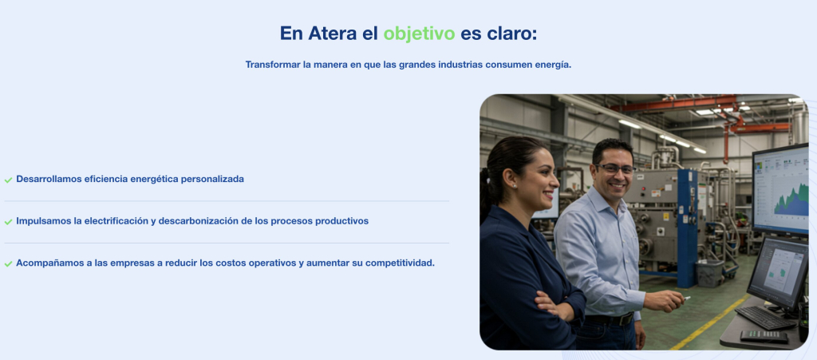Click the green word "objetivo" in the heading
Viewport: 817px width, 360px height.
pyautogui.click(x=419, y=34)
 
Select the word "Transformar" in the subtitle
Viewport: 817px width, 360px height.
pyautogui.click(x=272, y=65)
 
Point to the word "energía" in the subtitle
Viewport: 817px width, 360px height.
pyautogui.click(x=552, y=65)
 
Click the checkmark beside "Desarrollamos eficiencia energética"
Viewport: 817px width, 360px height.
pyautogui.click(x=8, y=180)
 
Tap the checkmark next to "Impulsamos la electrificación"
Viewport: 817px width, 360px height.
pyautogui.click(x=8, y=221)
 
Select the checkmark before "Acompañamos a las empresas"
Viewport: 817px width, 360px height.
pyautogui.click(x=8, y=263)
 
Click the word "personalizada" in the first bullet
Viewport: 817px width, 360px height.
pyautogui.click(x=211, y=179)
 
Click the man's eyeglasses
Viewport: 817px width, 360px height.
pyautogui.click(x=614, y=169)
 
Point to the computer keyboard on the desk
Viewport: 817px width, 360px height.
pyautogui.click(x=764, y=317)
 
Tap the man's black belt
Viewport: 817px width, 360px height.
pyautogui.click(x=610, y=319)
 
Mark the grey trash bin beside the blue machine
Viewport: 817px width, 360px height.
pyautogui.click(x=708, y=273)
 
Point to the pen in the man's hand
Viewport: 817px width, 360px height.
pyautogui.click(x=685, y=299)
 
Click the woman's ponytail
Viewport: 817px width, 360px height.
pyautogui.click(x=486, y=192)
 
